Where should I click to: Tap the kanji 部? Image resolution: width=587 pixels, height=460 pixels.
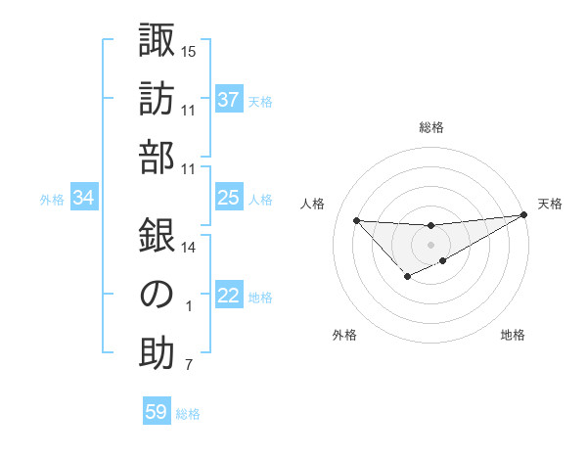coord(157,158)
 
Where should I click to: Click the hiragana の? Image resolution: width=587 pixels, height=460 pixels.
coord(157,295)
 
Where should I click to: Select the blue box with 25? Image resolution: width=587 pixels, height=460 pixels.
coord(229,198)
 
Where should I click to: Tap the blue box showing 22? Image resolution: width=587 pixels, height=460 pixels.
coord(229,296)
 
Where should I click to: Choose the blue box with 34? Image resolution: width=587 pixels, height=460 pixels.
coord(84,199)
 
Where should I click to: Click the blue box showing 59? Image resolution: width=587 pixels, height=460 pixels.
coord(157,412)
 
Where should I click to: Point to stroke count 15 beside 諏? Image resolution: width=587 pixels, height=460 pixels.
coord(189,51)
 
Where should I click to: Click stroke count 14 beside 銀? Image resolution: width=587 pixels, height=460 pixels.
coord(189,248)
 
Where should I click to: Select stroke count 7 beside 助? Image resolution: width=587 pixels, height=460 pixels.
coord(189,366)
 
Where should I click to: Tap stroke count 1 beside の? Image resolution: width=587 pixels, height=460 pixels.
coord(189,306)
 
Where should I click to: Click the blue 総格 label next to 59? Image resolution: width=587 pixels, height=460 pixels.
coord(188,414)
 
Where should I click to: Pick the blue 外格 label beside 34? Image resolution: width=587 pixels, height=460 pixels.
coord(52,200)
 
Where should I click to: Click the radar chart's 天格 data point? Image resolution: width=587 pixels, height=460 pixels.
coord(525,215)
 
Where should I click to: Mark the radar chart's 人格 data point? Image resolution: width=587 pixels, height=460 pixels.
coord(356,220)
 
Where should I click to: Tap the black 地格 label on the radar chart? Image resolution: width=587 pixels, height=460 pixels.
coord(513,336)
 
